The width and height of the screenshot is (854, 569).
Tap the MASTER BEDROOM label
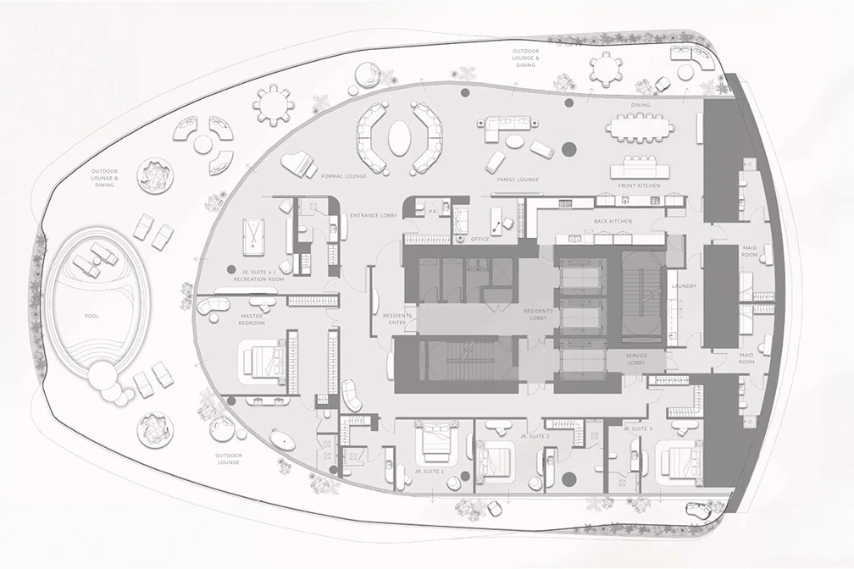pos(252,318)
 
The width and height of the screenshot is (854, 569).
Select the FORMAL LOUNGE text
pos(342,176)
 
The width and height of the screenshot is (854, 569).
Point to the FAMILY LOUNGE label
pos(518,180)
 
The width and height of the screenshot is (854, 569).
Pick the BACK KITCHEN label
pos(613,220)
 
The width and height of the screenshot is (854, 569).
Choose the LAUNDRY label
pos(684,286)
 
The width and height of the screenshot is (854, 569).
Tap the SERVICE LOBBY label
pos(636,360)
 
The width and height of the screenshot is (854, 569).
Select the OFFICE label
pos(481,239)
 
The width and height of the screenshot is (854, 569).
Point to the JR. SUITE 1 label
pos(430,470)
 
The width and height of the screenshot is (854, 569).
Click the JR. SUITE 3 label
pos(638,429)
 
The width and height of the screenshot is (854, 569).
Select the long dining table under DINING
pos(640,128)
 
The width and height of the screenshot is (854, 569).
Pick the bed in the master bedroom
pos(265,359)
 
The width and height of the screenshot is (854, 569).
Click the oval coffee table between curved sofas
pos(399,136)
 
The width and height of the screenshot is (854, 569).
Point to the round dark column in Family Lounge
pos(568,150)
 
